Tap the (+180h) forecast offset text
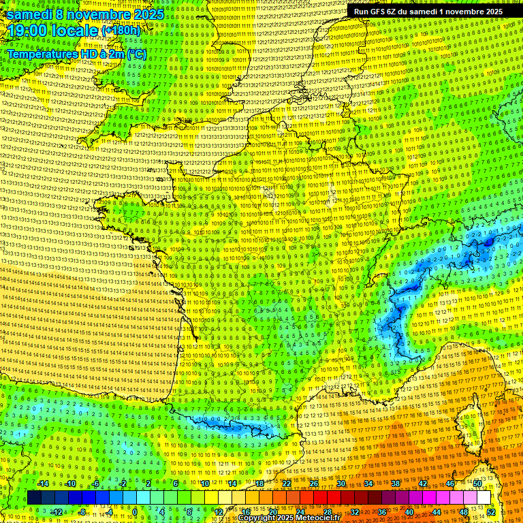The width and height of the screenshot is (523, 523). click(121, 31)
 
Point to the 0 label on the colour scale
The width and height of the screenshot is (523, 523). click(135, 511)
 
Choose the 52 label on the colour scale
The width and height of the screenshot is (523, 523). click(491, 511)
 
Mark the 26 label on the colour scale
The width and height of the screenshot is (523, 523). click(314, 484)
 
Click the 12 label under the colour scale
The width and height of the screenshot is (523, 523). click(219, 511)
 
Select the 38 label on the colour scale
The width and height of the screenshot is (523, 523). click(395, 484)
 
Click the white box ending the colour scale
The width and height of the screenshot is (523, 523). click(484, 498)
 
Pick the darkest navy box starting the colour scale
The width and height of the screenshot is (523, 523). click(34, 498)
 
